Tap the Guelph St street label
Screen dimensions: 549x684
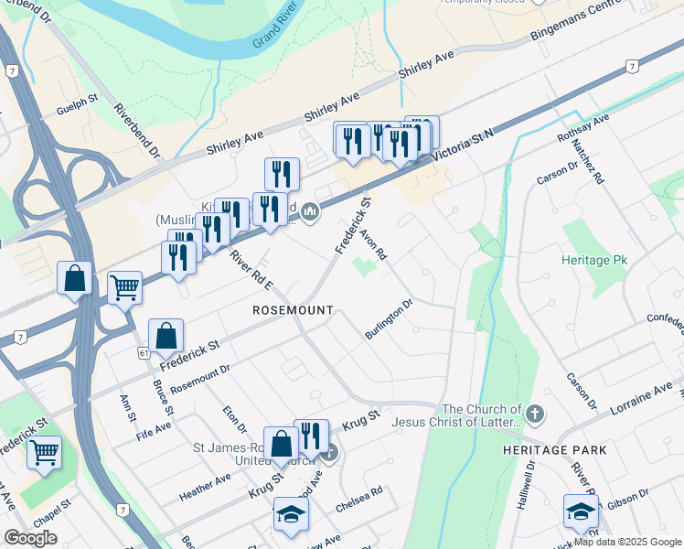coord(77,102)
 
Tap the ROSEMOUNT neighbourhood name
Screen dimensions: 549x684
coord(293,311)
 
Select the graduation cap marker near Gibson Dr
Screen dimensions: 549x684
coord(581,512)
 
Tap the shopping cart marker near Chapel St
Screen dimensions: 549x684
coord(44,452)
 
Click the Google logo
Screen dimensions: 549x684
coord(31,538)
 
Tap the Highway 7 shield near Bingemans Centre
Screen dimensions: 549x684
coord(631,66)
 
